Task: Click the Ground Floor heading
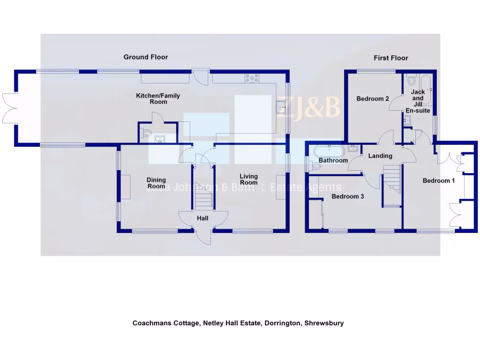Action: click(x=146, y=57)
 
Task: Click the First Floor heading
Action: click(x=390, y=58)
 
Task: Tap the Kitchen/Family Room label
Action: click(x=158, y=98)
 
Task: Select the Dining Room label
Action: click(x=156, y=183)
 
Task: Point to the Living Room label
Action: click(x=248, y=180)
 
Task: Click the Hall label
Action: click(x=202, y=218)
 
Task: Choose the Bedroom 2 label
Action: click(x=373, y=99)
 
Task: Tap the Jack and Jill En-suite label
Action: click(x=418, y=101)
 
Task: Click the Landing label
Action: click(x=380, y=156)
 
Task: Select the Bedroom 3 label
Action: click(x=348, y=197)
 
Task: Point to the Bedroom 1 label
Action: click(x=439, y=180)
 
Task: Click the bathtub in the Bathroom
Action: click(x=329, y=151)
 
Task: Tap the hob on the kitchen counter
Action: click(x=252, y=79)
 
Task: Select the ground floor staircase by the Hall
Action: click(x=203, y=197)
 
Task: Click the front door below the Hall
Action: click(x=203, y=237)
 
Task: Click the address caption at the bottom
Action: click(x=238, y=323)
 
